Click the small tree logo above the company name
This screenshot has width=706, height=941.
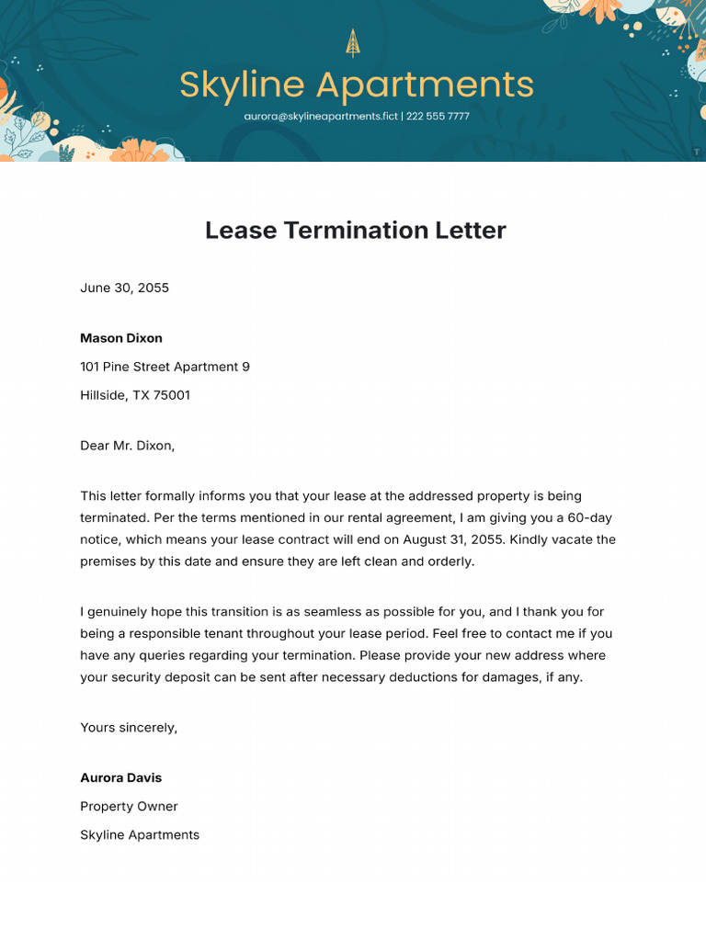(x=353, y=43)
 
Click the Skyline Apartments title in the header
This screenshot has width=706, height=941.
(x=356, y=85)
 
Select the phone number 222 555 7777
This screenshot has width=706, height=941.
(x=438, y=117)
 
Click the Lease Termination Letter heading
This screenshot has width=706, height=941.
(x=355, y=230)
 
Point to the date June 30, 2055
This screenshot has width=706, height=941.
(x=124, y=288)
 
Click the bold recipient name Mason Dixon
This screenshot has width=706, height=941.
(x=120, y=338)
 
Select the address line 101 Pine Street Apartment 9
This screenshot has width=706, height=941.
(x=165, y=367)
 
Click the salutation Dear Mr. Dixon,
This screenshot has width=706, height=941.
(x=127, y=446)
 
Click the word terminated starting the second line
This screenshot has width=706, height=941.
(x=114, y=517)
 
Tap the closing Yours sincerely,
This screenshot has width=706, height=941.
(x=129, y=727)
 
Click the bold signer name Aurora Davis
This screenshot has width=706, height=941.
(x=120, y=777)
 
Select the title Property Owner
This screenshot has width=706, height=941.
(x=129, y=806)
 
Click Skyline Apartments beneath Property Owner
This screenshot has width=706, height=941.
(x=140, y=834)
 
